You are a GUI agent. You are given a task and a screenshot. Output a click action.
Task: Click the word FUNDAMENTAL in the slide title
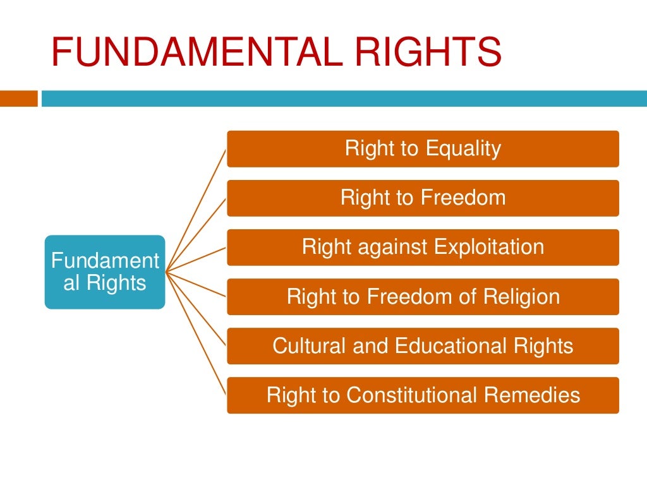190,52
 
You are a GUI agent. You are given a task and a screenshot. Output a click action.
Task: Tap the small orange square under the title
18,99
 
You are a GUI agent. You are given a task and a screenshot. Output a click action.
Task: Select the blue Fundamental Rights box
105,272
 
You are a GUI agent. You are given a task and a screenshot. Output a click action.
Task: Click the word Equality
463,149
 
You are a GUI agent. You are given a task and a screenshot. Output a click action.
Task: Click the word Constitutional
412,395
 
